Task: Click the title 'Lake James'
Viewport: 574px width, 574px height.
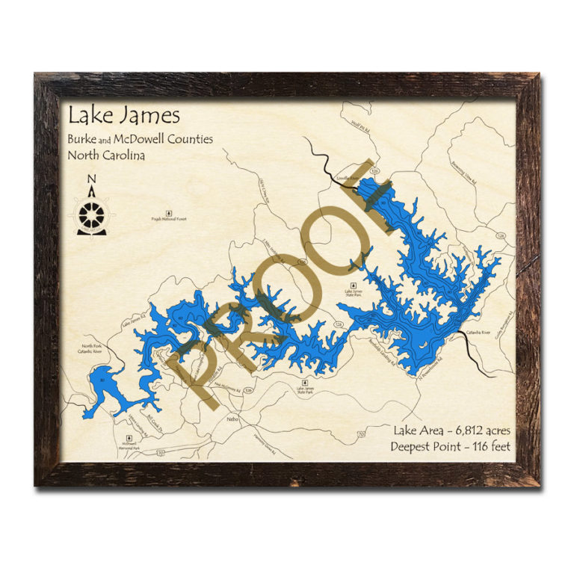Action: (x=123, y=116)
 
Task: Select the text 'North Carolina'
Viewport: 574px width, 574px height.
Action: (x=106, y=155)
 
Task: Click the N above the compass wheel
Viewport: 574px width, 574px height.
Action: (x=92, y=179)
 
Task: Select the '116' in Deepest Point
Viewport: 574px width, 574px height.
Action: (x=475, y=447)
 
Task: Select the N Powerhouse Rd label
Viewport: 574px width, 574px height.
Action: (x=428, y=363)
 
